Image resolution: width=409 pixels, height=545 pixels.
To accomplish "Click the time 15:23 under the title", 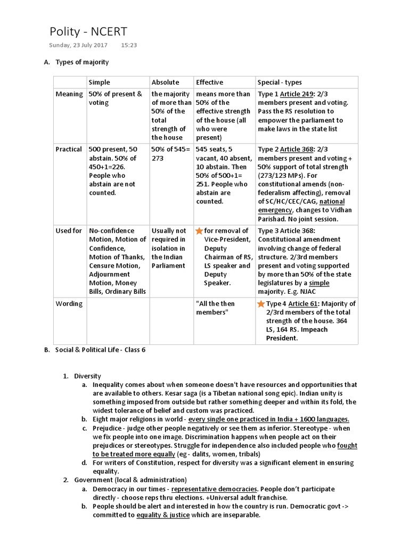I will point(129,45).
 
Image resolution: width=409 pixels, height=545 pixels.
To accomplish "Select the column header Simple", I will point(100,82).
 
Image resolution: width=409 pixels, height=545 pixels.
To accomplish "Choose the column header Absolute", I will point(165,82).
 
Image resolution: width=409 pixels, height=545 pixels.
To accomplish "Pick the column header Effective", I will point(209,82).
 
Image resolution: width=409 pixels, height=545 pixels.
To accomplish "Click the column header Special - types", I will point(280,82).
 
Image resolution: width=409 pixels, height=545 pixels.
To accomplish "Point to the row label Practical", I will point(69,150).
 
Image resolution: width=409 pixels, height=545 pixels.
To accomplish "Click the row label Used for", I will point(69,231).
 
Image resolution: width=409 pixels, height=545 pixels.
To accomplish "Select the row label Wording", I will point(69,304).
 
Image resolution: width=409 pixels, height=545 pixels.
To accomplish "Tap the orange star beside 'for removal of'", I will point(199,231).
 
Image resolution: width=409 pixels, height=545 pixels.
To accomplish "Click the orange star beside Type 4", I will point(261,304).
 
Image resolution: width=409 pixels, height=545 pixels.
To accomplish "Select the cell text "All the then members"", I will point(215,308).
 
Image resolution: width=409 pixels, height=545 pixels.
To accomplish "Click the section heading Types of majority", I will point(82,62).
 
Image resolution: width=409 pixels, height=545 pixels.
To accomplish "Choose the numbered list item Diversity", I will point(87,376).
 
